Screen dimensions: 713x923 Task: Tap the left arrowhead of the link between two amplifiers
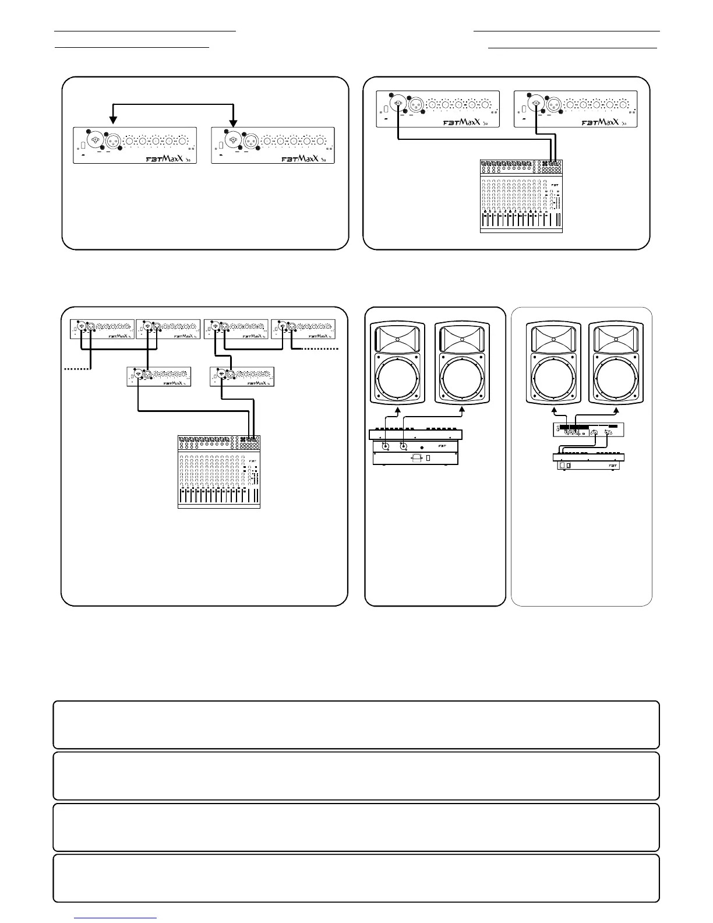[114, 121]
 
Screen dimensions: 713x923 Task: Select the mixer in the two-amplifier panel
[521, 196]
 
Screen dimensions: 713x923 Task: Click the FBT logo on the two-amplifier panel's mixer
[555, 185]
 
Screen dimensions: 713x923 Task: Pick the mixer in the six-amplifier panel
[218, 471]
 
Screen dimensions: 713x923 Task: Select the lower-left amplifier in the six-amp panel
[158, 376]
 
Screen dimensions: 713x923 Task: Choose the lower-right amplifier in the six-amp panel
[242, 376]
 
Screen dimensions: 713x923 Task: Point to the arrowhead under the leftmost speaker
[398, 411]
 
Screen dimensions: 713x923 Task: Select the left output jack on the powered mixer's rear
[385, 447]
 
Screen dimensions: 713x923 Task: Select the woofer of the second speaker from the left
[462, 377]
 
